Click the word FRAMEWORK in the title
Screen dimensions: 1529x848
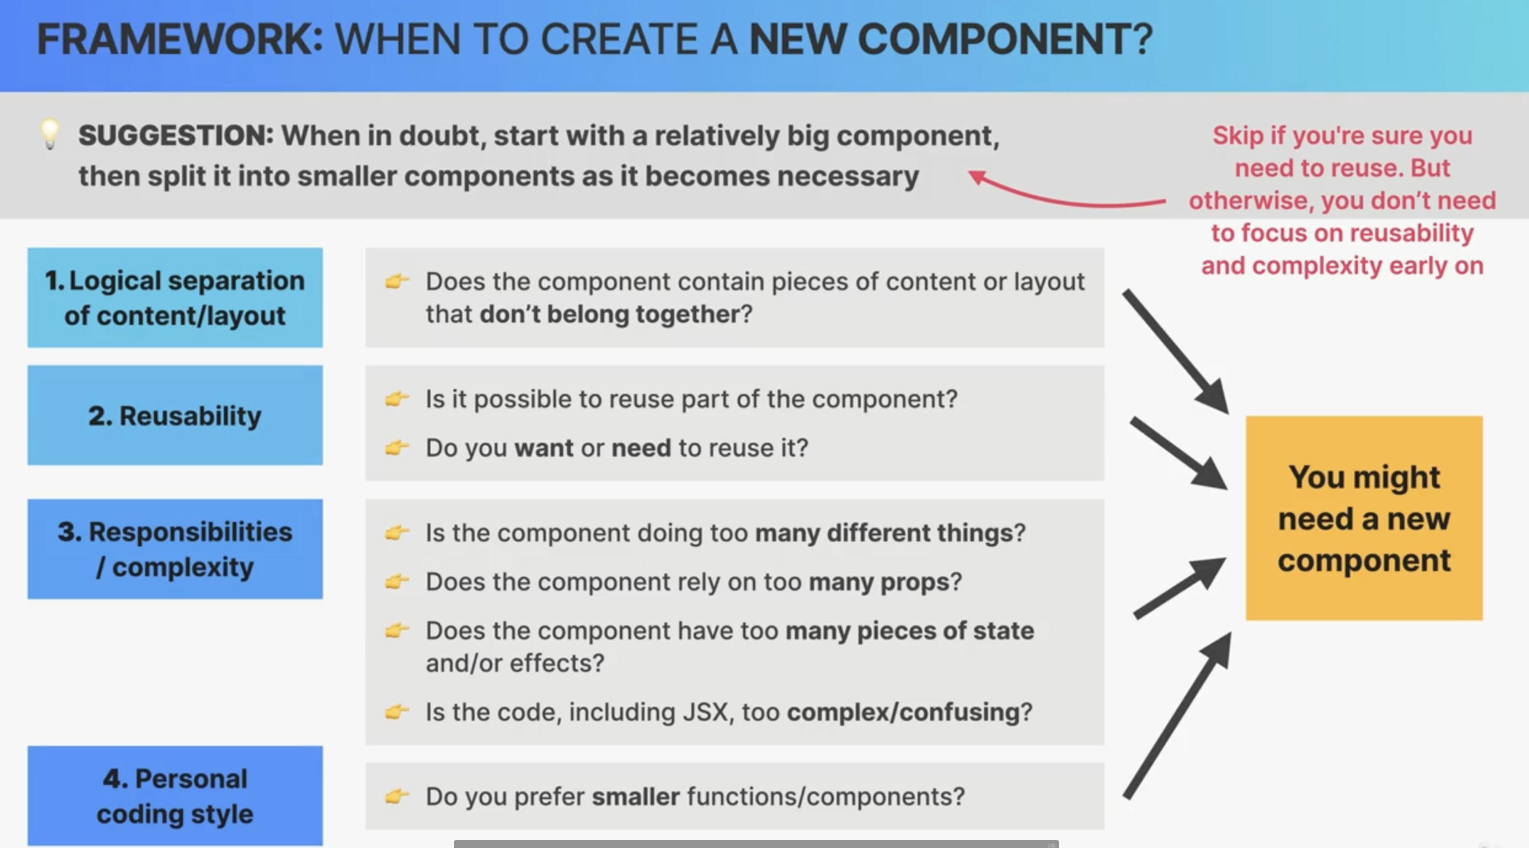point(180,39)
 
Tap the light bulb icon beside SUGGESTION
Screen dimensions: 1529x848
point(50,134)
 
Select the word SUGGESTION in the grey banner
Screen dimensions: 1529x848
point(175,135)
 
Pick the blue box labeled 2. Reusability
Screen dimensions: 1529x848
point(175,415)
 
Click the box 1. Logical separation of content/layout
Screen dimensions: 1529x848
point(175,298)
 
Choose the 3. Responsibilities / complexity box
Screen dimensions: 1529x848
point(175,549)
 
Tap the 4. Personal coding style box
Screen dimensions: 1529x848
point(175,796)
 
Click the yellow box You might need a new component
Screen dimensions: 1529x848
point(1364,518)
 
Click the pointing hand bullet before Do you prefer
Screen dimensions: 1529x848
point(397,796)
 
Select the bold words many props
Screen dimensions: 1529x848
point(880,582)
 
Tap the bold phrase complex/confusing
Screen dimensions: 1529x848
point(903,712)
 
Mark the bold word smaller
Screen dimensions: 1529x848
point(636,796)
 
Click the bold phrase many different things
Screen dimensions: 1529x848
point(884,533)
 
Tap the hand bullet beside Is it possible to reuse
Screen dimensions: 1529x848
point(397,399)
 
